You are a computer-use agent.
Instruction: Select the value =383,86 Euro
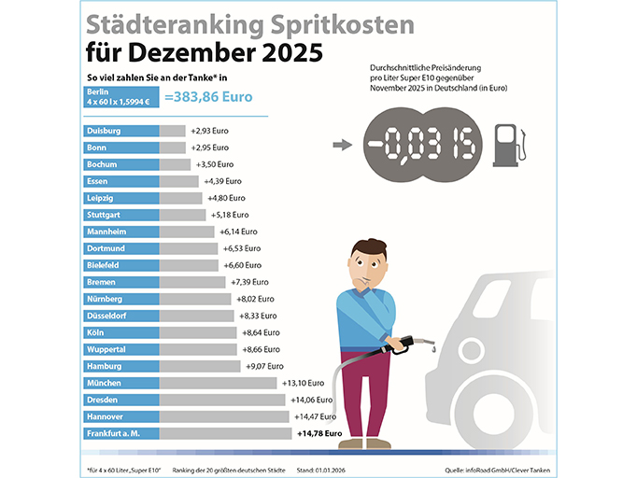point(209,96)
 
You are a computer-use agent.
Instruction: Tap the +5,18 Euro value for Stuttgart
point(229,215)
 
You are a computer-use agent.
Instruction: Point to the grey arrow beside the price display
point(342,146)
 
